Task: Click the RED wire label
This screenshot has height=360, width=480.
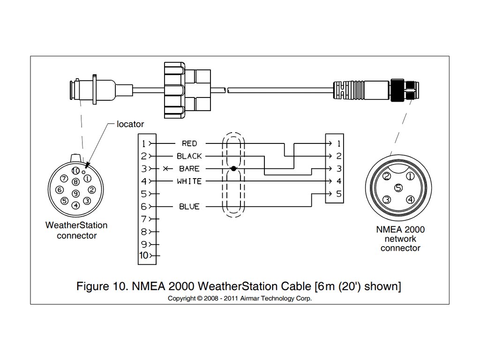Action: pos(189,143)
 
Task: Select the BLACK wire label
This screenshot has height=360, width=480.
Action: pos(189,156)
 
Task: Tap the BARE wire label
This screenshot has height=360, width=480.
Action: pos(189,169)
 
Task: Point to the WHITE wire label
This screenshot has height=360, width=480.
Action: pos(189,181)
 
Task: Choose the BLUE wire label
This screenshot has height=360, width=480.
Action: pos(189,207)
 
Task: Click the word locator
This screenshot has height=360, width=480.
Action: pos(130,124)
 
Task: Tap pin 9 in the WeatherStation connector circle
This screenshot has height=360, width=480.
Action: pos(75,193)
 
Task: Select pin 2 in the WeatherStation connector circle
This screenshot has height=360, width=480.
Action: pos(92,190)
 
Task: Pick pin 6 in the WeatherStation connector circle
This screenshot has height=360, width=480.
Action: pos(59,190)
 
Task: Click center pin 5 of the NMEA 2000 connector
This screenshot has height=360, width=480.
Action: pos(398,188)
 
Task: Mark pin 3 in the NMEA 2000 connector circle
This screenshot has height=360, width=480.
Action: pos(387,200)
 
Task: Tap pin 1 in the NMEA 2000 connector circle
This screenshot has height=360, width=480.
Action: pos(410,177)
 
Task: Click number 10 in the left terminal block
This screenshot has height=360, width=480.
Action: pos(144,256)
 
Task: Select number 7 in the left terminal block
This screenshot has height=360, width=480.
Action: pos(144,219)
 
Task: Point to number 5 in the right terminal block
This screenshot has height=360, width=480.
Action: pos(338,194)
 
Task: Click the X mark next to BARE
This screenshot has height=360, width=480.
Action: pos(165,169)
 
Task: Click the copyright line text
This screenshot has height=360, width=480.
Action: pos(240,298)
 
